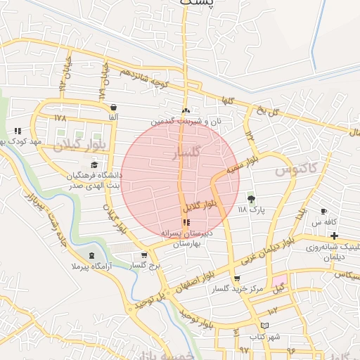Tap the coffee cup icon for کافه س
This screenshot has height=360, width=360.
click(323, 212)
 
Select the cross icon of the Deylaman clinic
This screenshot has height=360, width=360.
click(334, 236)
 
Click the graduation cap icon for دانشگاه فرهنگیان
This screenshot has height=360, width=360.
click(94, 165)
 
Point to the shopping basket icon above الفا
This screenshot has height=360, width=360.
click(112, 108)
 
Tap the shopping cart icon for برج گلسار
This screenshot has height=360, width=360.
click(144, 255)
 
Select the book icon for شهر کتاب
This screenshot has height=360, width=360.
click(264, 326)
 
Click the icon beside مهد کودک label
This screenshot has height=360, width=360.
click(18, 131)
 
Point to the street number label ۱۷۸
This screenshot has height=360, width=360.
click(59, 118)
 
